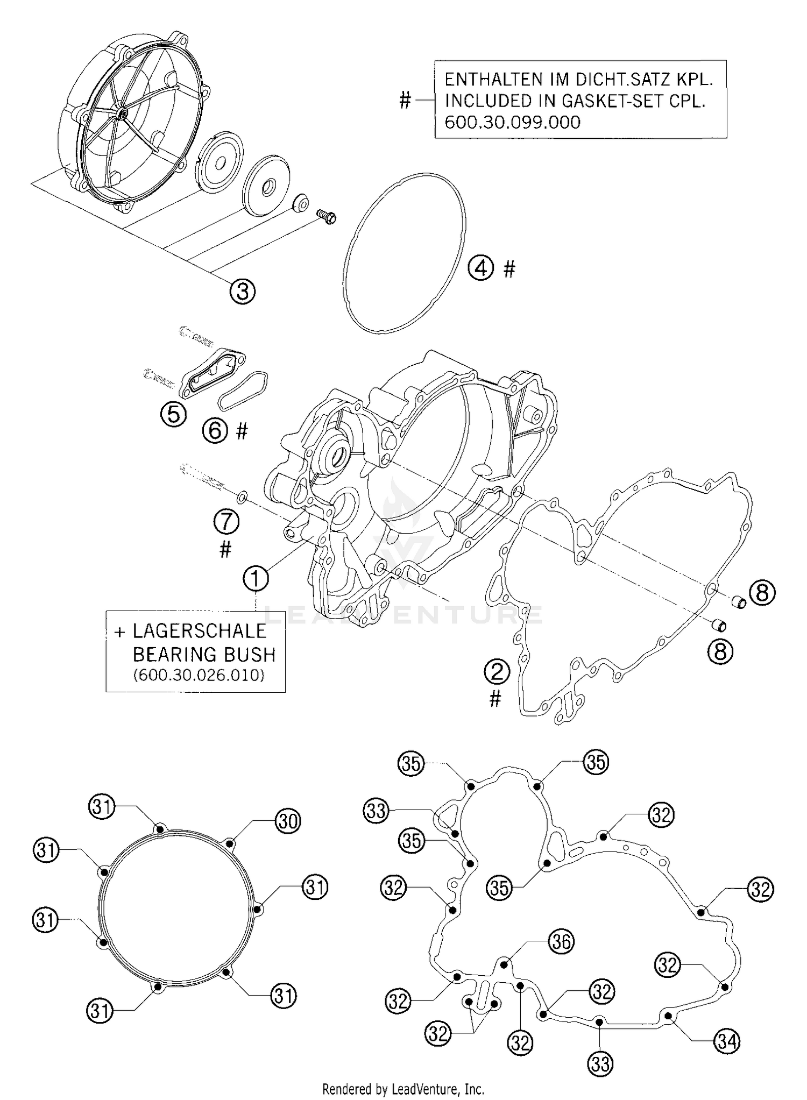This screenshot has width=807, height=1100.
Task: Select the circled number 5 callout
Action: tap(174, 415)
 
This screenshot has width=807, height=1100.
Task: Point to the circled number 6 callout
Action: tap(215, 430)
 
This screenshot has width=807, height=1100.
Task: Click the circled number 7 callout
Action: tap(226, 521)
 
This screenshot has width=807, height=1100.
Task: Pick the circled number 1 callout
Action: tap(256, 579)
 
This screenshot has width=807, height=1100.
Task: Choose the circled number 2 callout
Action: tap(497, 672)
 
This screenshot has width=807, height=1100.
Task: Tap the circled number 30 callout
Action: tap(288, 821)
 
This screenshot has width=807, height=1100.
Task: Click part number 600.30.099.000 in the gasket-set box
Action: tap(512, 122)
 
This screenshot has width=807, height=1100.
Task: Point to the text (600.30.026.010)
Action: tap(199, 675)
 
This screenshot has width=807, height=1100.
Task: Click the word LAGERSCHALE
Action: tap(199, 630)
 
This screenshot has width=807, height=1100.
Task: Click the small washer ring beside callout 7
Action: tap(242, 494)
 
